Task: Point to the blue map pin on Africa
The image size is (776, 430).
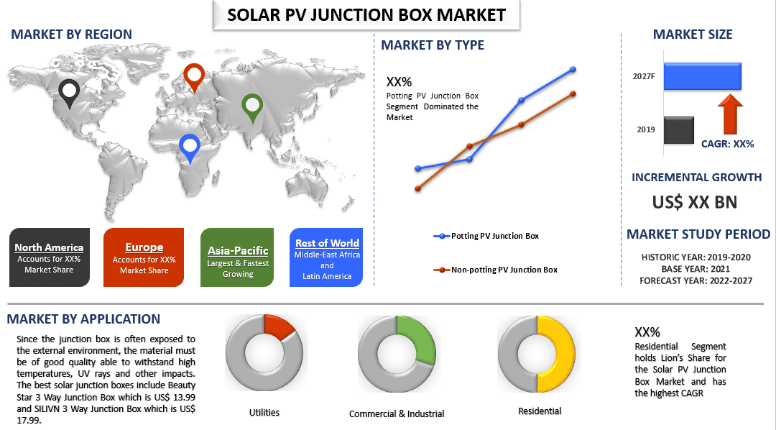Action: click(x=190, y=148)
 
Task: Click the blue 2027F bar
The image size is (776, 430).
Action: click(x=702, y=76)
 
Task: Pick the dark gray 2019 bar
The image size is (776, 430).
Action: click(x=678, y=130)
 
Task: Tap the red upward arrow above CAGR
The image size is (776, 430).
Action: click(x=730, y=114)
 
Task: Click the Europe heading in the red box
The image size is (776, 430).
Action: click(x=144, y=247)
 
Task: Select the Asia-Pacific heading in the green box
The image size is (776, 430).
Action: click(x=238, y=251)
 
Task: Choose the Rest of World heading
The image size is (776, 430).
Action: click(x=327, y=243)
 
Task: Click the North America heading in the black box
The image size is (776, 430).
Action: click(x=49, y=247)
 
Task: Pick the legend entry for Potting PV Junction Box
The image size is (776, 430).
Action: click(x=486, y=237)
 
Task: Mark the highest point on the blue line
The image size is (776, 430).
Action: click(x=573, y=69)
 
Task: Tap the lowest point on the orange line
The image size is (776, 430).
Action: click(x=417, y=188)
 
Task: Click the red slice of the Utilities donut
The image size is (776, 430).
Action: click(x=278, y=327)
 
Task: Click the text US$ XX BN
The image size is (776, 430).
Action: click(x=695, y=202)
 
